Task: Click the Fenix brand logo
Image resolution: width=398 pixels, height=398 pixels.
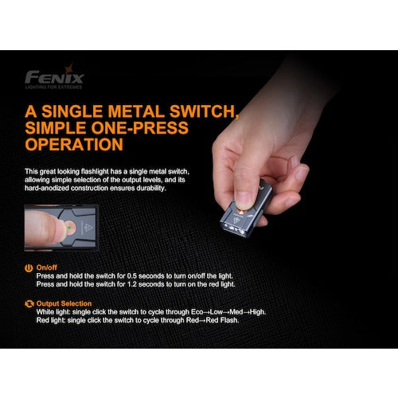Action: coord(54,76)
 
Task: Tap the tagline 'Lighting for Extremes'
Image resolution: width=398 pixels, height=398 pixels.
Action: coord(53,87)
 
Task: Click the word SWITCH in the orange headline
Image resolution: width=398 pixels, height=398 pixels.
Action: coord(203,111)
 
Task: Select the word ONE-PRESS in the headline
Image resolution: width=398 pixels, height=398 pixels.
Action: coord(140,128)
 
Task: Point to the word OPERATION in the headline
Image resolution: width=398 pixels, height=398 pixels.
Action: coord(74,145)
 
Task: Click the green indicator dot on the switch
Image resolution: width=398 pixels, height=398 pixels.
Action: coord(69,228)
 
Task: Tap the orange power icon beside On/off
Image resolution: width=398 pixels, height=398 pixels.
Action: coord(29,268)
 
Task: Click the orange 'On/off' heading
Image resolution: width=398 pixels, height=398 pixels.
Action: coord(47,267)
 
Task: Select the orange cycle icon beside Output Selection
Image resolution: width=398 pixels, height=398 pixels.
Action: coord(29,304)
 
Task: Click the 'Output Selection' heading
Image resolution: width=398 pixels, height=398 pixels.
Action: coord(64,303)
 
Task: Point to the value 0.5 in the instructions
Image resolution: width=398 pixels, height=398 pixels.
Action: coord(132,276)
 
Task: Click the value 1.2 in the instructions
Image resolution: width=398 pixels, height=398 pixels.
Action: coord(132,284)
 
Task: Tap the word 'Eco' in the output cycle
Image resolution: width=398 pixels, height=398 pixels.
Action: coord(197,312)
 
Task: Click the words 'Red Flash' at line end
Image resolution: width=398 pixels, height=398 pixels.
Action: coord(222,320)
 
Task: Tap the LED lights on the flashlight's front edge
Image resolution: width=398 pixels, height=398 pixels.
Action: coord(234,229)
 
